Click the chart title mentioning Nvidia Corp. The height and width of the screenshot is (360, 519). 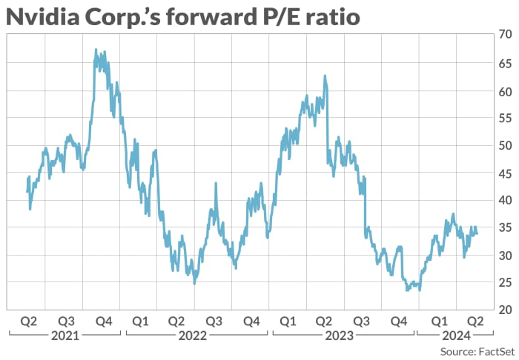pyautogui.click(x=182, y=16)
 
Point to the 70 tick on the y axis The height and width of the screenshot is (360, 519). pyautogui.click(x=505, y=35)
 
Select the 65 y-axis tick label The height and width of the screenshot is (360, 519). pyautogui.click(x=505, y=63)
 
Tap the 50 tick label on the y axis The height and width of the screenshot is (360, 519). pyautogui.click(x=505, y=145)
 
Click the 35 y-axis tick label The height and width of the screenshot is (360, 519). pyautogui.click(x=505, y=227)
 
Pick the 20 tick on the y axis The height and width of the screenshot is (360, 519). pyautogui.click(x=505, y=309)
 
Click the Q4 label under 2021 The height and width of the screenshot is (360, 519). pyautogui.click(x=103, y=321)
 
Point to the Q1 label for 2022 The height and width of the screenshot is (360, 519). pyautogui.click(x=139, y=321)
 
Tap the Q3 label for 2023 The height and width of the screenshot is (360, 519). pyautogui.click(x=362, y=321)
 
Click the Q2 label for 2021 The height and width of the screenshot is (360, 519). pyautogui.click(x=28, y=321)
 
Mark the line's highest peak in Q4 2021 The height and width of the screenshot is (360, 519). pyautogui.click(x=96, y=50)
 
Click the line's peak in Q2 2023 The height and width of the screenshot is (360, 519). pyautogui.click(x=325, y=76)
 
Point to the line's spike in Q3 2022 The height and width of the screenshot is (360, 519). pyautogui.click(x=215, y=183)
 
